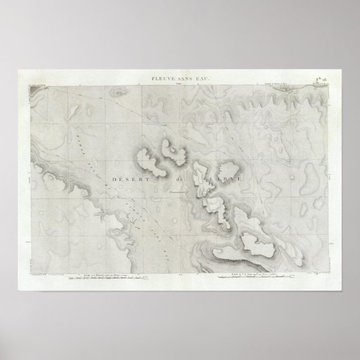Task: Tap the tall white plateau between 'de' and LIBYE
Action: pos(201,178)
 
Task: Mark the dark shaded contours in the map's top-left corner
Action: pos(42,89)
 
